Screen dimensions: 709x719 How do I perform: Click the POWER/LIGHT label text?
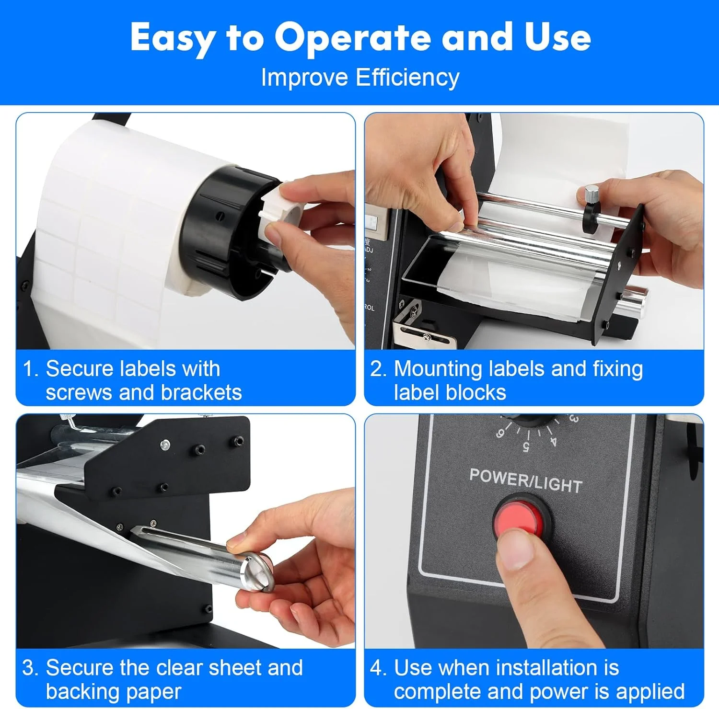point(525,480)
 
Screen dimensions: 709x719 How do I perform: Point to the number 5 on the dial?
point(526,447)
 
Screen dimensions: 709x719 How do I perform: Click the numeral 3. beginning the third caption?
point(30,668)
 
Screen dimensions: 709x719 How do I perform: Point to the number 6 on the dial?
point(500,433)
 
